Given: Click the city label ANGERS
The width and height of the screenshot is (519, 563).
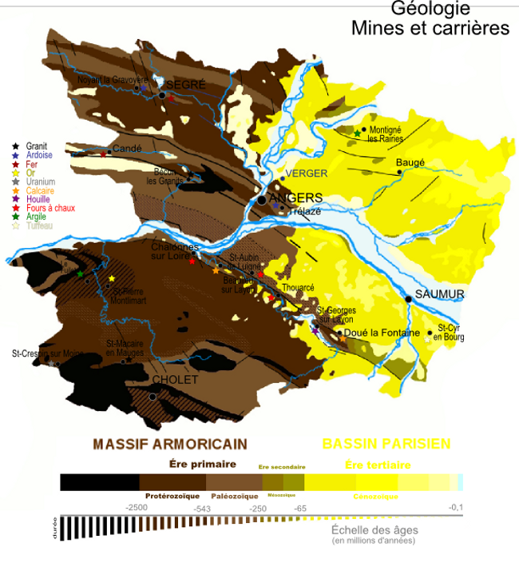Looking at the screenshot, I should tap(295, 198).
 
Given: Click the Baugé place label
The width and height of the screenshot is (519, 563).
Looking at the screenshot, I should tap(410, 162).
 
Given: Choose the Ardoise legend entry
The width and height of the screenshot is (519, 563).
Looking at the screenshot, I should tap(38, 155).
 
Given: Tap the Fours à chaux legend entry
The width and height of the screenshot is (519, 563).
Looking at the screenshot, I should tap(50, 208).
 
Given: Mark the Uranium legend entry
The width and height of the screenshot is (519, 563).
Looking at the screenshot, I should tap(40, 182).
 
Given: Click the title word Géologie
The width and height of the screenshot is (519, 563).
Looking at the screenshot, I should tap(430, 9).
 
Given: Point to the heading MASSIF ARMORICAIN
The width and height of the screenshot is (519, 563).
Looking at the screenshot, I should tap(170, 444).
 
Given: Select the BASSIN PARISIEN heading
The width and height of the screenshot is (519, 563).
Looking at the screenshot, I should tap(386, 444).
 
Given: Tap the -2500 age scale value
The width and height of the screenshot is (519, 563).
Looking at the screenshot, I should tap(137, 508).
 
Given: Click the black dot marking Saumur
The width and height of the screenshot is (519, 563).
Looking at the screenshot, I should tap(408, 299).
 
